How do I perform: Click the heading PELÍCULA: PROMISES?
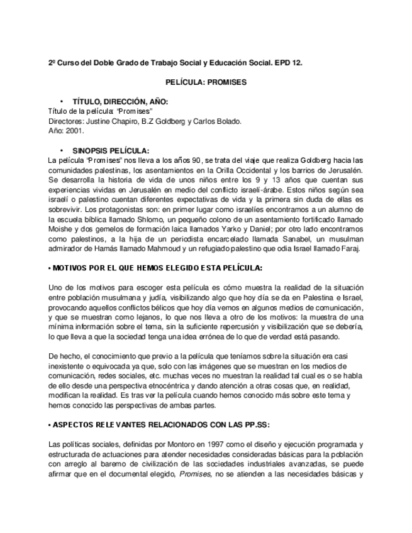pos(206,82)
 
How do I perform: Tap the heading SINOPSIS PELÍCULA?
pos(111,150)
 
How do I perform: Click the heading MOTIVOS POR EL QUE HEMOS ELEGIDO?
pos(157,268)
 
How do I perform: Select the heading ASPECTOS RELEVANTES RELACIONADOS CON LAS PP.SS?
pos(161,424)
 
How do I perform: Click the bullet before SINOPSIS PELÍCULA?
pos(62,151)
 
